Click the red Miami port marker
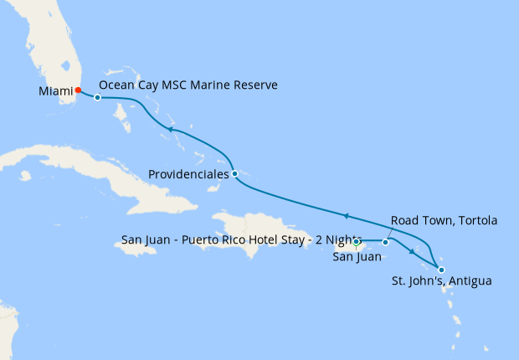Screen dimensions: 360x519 pos(78,90)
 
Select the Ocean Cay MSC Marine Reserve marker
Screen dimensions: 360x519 pos(98,98)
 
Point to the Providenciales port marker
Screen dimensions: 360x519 pos(235,174)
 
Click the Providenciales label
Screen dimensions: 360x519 pos(188,174)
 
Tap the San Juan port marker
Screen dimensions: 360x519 pos(356,242)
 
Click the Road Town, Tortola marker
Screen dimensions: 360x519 pos(386,242)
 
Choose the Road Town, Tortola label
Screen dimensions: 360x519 pos(444,221)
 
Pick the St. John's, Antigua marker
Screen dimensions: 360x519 pos(441,270)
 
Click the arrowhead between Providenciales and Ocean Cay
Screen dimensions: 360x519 pos(170,130)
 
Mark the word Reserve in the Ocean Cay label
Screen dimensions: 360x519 pos(255,85)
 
